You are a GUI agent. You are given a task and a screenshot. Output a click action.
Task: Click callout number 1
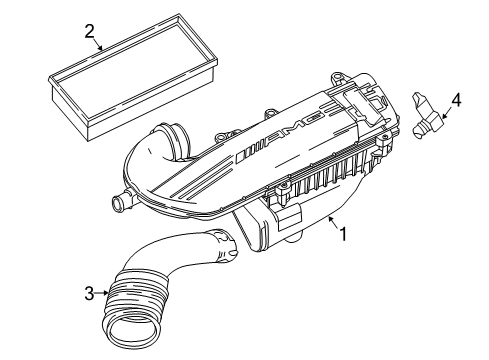343,234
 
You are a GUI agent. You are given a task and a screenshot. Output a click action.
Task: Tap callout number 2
90,32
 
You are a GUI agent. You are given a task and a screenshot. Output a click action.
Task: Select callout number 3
89,294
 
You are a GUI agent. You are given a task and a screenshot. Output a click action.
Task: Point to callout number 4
456,100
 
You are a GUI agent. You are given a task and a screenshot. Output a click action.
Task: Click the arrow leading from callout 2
97,44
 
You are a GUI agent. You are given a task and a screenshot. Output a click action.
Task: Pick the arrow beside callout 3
102,293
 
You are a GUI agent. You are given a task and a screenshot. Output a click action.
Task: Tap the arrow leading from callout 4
446,113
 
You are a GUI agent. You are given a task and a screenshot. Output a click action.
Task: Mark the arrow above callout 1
334,222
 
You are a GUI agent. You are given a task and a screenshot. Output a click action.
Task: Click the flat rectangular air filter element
134,75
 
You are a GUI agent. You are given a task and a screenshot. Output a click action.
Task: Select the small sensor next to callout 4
427,115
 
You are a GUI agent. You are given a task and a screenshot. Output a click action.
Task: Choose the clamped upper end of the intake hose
224,246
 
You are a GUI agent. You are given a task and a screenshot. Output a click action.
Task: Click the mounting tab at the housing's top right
337,78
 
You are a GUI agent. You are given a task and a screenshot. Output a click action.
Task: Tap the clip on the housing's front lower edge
283,193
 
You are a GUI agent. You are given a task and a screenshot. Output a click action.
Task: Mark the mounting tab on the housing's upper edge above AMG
270,113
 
